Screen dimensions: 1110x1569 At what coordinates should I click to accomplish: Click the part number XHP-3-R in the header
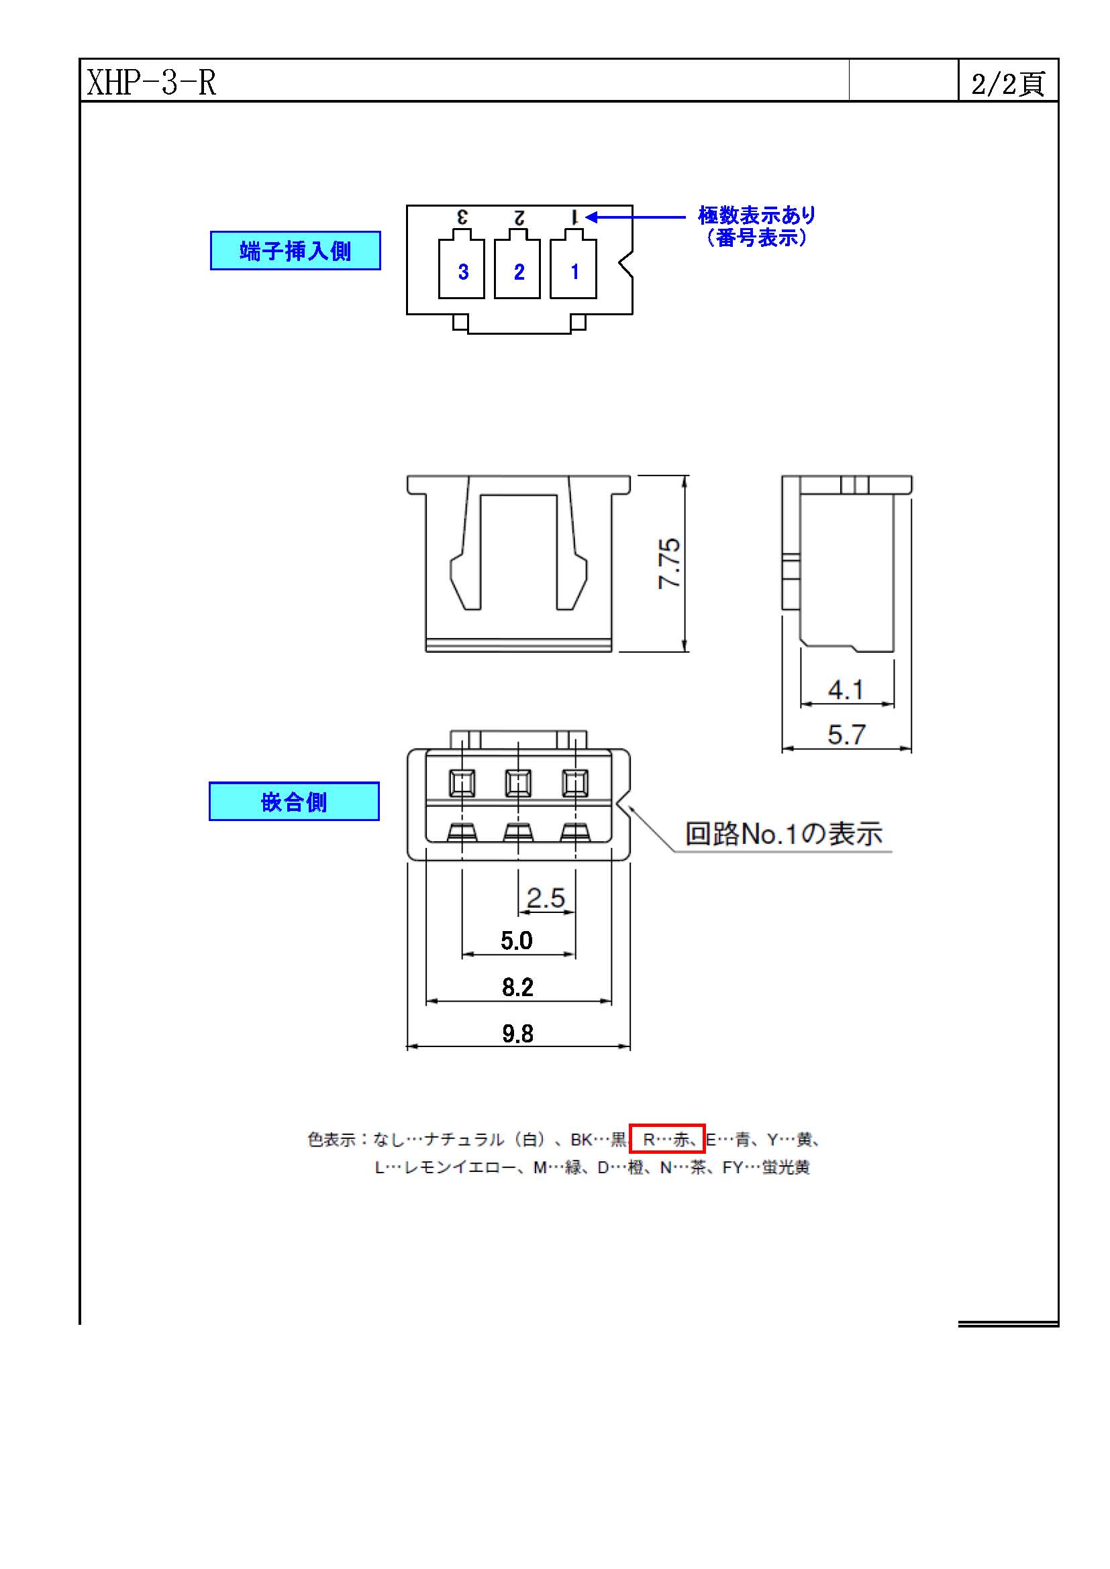click(x=152, y=83)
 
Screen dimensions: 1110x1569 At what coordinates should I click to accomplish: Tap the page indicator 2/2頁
click(x=1008, y=84)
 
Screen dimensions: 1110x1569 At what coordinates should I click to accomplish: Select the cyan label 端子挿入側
click(x=295, y=251)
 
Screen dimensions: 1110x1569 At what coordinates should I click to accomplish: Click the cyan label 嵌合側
click(x=294, y=802)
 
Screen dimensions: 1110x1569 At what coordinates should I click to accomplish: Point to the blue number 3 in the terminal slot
click(x=464, y=272)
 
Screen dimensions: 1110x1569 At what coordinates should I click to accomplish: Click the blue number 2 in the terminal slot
click(x=519, y=272)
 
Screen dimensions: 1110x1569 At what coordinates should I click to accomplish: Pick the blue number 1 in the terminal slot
click(x=575, y=272)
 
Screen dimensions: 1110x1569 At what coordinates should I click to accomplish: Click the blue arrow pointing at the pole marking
click(x=636, y=217)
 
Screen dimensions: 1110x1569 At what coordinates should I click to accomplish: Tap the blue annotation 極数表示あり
click(x=756, y=215)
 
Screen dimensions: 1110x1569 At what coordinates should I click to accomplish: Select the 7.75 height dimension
click(x=669, y=563)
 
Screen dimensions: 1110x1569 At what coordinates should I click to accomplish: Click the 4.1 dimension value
click(x=846, y=690)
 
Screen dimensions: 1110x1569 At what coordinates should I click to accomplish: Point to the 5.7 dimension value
click(x=846, y=735)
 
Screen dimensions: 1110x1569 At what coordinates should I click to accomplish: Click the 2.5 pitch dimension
click(x=546, y=898)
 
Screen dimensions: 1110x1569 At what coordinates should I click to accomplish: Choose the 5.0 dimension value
click(x=517, y=941)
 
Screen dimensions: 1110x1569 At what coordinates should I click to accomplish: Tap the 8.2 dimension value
click(x=517, y=987)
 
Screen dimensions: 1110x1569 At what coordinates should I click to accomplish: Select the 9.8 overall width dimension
click(x=517, y=1034)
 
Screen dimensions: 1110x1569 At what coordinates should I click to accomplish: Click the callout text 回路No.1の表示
click(x=784, y=834)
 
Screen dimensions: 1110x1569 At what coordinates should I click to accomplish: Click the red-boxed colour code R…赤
click(x=667, y=1139)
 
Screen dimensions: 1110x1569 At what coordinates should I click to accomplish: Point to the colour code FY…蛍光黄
click(x=766, y=1167)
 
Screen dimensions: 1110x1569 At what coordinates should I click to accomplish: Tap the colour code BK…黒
click(x=599, y=1139)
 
